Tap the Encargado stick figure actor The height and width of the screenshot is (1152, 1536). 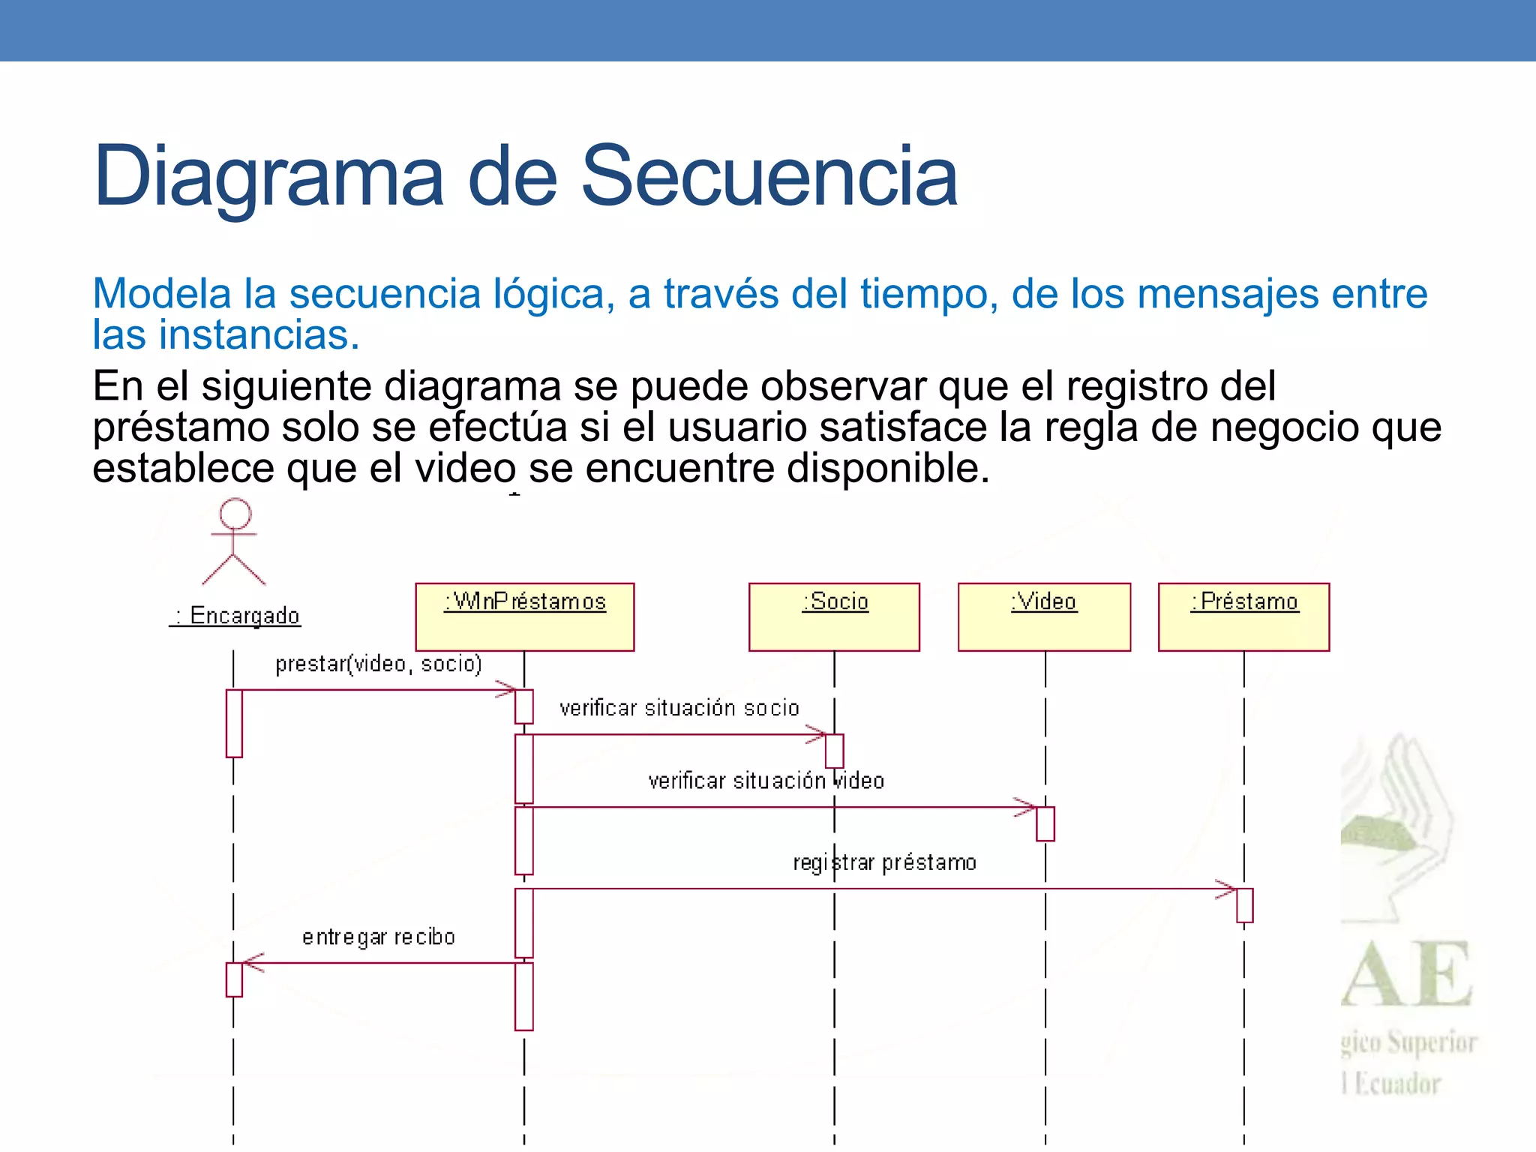pyautogui.click(x=234, y=541)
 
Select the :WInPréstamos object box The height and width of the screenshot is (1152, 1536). pyautogui.click(x=525, y=616)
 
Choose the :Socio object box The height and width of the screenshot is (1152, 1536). pyautogui.click(x=834, y=616)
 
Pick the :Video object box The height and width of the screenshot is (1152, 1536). pyautogui.click(x=1044, y=616)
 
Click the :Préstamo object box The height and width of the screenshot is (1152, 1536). pyautogui.click(x=1243, y=616)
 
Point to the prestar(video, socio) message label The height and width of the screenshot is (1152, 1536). pyautogui.click(x=378, y=664)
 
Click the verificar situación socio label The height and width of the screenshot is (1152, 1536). pyautogui.click(x=679, y=708)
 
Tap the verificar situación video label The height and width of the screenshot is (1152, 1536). pyautogui.click(x=766, y=781)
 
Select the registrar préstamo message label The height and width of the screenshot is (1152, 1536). pyautogui.click(x=885, y=862)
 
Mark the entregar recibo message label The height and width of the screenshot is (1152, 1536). pyautogui.click(x=379, y=937)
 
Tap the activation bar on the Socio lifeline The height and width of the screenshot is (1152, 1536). pyautogui.click(x=835, y=751)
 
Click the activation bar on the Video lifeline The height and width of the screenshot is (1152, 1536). pyautogui.click(x=1045, y=823)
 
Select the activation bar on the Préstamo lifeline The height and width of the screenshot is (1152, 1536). pyautogui.click(x=1244, y=905)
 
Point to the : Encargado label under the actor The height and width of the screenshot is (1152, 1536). pyautogui.click(x=235, y=616)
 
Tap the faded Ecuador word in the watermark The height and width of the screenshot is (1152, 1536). pyautogui.click(x=1396, y=1084)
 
